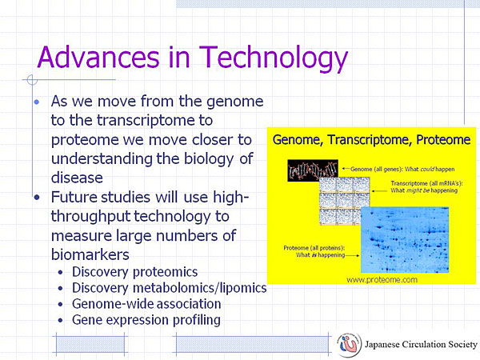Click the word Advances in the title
(98, 57)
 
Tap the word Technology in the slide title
(274, 59)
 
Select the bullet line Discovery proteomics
(134, 272)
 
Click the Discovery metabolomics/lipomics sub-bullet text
(170, 288)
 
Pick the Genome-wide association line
(146, 304)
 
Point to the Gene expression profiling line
(146, 320)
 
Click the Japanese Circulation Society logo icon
(349, 345)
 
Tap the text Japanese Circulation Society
(421, 345)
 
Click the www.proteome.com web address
(382, 279)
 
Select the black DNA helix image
(313, 170)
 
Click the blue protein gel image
(405, 240)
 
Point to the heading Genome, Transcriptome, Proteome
(371, 140)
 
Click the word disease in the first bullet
(77, 178)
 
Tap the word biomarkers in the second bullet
(90, 254)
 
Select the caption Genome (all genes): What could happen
(402, 169)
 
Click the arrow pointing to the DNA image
(346, 168)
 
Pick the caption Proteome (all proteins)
(314, 248)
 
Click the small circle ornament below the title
(32, 80)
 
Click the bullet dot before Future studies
(37, 198)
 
